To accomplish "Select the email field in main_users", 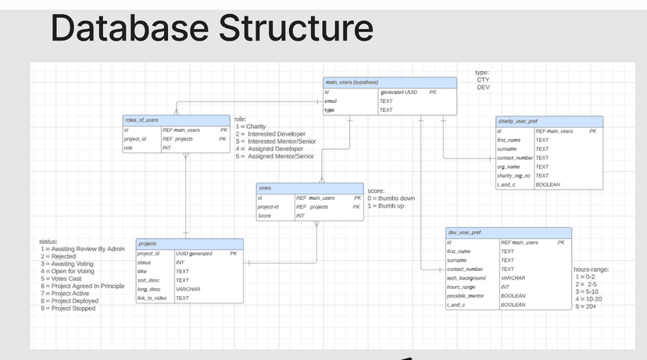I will (x=331, y=102).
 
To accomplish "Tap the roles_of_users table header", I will (x=141, y=120).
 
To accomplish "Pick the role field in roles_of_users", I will (x=128, y=148).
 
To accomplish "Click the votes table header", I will (x=265, y=188).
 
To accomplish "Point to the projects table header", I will (x=148, y=244).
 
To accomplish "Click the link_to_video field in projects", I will (x=152, y=298).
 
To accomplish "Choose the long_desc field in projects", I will (x=148, y=289).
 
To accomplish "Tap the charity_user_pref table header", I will (x=517, y=121).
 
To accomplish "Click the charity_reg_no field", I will (x=514, y=176).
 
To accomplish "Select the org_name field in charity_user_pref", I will (x=508, y=166).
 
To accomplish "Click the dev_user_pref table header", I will (x=463, y=233).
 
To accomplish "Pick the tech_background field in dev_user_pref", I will (x=466, y=278).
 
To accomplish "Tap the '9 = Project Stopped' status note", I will (x=68, y=308).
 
